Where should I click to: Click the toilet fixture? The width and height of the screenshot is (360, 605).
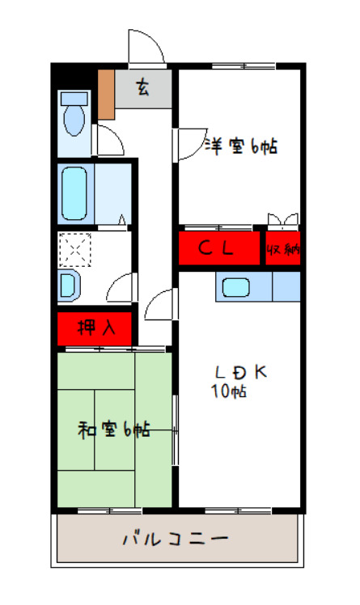pyautogui.click(x=74, y=114)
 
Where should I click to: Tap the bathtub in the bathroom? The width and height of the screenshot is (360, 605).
pyautogui.click(x=74, y=193)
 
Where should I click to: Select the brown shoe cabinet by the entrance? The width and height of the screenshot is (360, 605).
pyautogui.click(x=106, y=95)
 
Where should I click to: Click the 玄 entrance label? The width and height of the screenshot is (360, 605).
pyautogui.click(x=142, y=88)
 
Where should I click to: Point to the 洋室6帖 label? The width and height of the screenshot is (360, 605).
pyautogui.click(x=240, y=146)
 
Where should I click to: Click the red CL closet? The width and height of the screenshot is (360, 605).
pyautogui.click(x=218, y=248)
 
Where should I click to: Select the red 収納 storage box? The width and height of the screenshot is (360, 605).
pyautogui.click(x=283, y=248)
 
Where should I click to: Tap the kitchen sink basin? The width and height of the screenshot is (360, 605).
pyautogui.click(x=235, y=287)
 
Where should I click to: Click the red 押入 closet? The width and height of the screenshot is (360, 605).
pyautogui.click(x=95, y=328)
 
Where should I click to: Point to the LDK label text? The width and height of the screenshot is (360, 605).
pyautogui.click(x=241, y=372)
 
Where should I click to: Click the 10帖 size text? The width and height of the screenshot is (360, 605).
pyautogui.click(x=228, y=391)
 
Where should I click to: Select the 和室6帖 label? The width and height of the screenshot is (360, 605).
pyautogui.click(x=114, y=429)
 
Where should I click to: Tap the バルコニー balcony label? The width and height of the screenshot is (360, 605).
pyautogui.click(x=176, y=539)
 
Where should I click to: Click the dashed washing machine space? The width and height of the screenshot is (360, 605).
pyautogui.click(x=74, y=250)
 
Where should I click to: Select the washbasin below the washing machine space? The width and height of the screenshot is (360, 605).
pyautogui.click(x=69, y=286)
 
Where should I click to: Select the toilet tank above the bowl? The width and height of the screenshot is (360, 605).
pyautogui.click(x=74, y=99)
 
